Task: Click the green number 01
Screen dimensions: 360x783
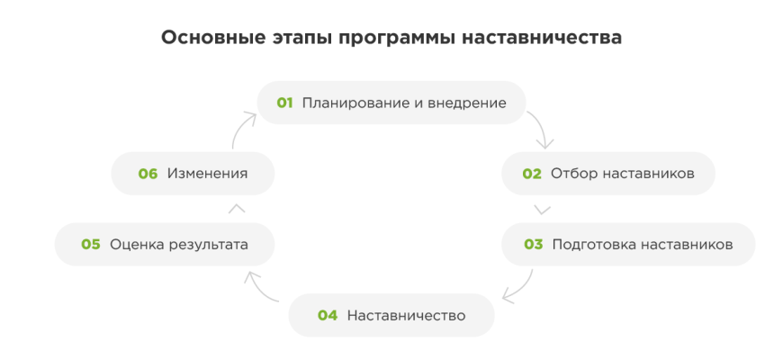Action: click(285, 103)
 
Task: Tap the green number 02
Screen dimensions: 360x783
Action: click(533, 174)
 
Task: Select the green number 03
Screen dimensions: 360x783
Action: click(534, 244)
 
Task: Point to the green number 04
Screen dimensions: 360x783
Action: click(328, 315)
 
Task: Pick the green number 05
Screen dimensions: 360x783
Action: click(91, 244)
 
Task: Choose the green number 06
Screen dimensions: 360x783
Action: click(148, 174)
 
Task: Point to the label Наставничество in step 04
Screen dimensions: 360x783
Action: click(406, 315)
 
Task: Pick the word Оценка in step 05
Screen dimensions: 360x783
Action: click(134, 244)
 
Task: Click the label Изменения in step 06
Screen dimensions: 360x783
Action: click(207, 174)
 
